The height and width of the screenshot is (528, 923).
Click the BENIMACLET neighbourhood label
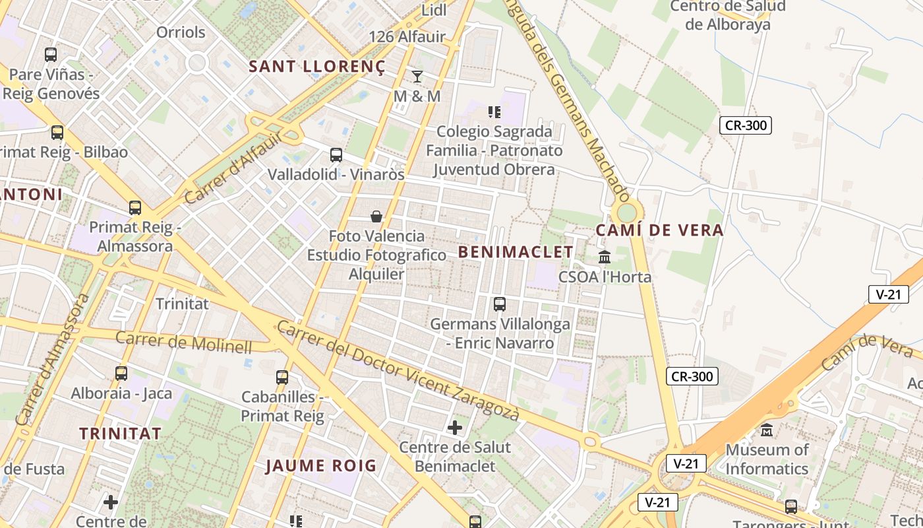pyautogui.click(x=516, y=252)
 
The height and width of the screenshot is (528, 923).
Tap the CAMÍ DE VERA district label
pyautogui.click(x=659, y=230)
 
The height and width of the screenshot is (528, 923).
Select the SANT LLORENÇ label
pyautogui.click(x=316, y=66)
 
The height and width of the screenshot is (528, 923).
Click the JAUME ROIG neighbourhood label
pyautogui.click(x=321, y=466)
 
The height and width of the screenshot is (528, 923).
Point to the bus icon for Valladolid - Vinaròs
pyautogui.click(x=336, y=156)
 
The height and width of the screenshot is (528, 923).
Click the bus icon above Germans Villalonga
pyautogui.click(x=500, y=304)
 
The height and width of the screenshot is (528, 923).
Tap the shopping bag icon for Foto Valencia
pyautogui.click(x=376, y=216)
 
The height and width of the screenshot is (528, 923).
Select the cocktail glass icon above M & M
pyautogui.click(x=417, y=77)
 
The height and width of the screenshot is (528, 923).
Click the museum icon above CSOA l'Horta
pyautogui.click(x=605, y=257)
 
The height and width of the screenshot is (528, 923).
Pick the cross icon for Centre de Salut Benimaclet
pyautogui.click(x=455, y=428)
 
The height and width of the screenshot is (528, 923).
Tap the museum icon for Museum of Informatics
pyautogui.click(x=767, y=430)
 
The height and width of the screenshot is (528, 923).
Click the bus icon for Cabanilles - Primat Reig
pyautogui.click(x=282, y=378)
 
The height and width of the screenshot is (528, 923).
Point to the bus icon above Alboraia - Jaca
pyautogui.click(x=121, y=374)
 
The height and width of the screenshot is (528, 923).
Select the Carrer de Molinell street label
pyautogui.click(x=184, y=342)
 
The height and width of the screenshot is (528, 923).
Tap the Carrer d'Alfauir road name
pyautogui.click(x=233, y=168)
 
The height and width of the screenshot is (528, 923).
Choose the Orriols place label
pyautogui.click(x=181, y=32)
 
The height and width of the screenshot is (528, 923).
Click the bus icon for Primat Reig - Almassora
pyautogui.click(x=135, y=208)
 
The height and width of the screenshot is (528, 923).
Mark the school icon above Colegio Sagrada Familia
pyautogui.click(x=494, y=112)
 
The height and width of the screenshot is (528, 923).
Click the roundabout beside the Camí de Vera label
pyautogui.click(x=627, y=213)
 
